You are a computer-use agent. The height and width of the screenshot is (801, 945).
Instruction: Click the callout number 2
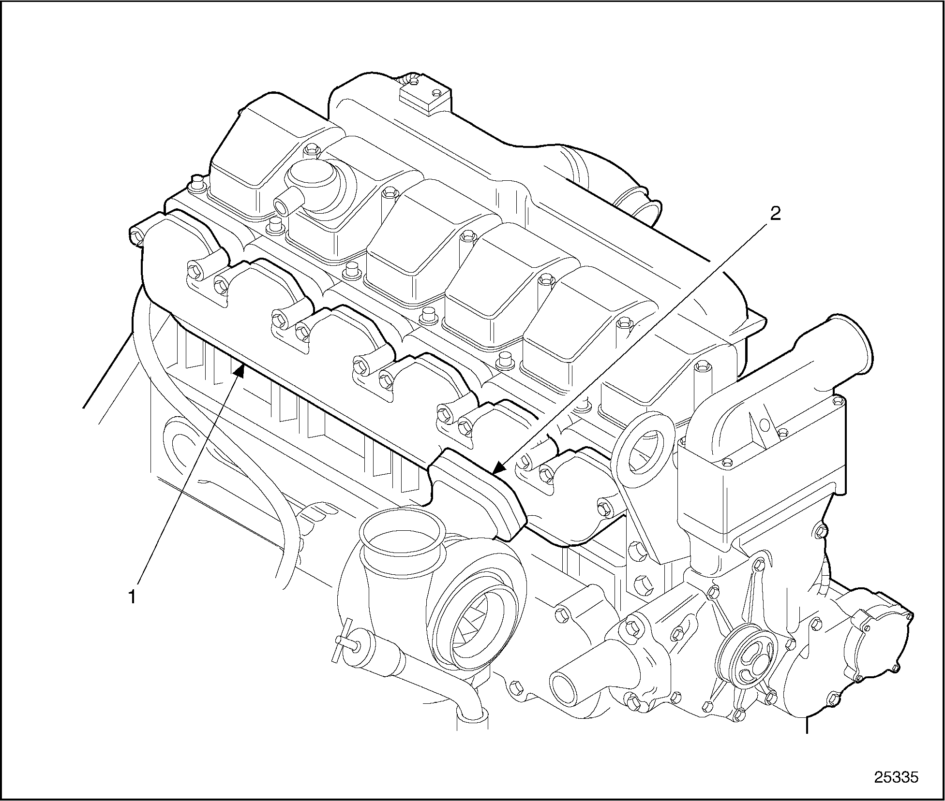[775, 214]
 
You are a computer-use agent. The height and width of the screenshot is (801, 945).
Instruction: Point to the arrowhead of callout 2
[498, 467]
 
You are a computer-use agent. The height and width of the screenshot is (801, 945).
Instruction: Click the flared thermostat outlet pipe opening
[850, 341]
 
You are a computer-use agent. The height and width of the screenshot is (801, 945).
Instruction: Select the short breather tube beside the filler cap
[285, 203]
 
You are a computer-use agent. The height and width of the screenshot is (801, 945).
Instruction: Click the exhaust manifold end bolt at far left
[137, 235]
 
